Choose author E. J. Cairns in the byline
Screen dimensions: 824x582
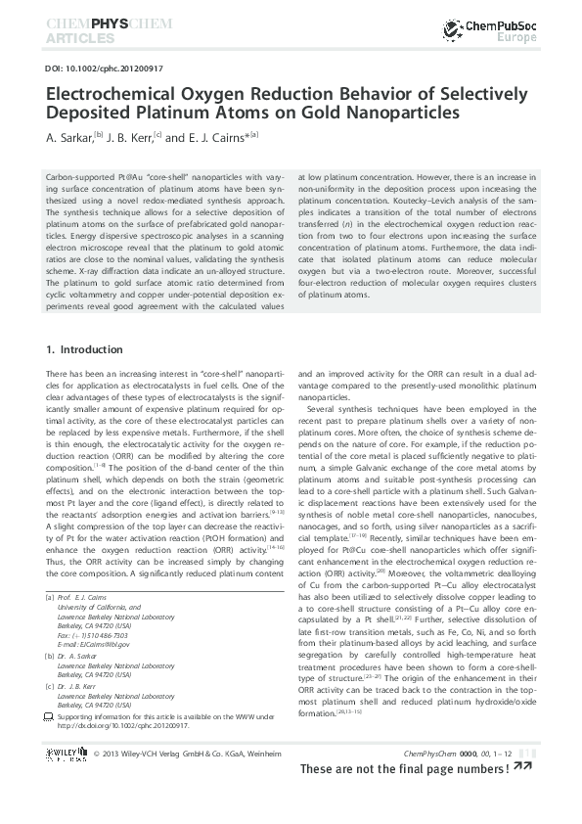[x=209, y=137]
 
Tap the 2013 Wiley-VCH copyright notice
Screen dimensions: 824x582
[x=174, y=754]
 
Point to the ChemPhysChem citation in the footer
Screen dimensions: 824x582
[x=458, y=754]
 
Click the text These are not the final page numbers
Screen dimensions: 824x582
[x=404, y=769]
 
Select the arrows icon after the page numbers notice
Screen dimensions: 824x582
[x=522, y=766]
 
